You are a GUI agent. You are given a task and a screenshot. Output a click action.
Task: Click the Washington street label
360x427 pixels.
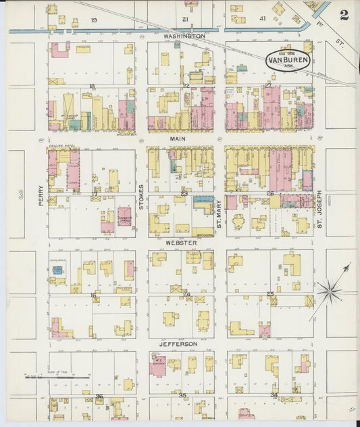[184, 35]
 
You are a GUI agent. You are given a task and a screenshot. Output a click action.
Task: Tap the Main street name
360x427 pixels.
[178, 139]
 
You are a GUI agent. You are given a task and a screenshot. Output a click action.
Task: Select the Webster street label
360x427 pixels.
[181, 243]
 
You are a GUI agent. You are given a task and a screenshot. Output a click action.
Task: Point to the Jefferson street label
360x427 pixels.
[178, 343]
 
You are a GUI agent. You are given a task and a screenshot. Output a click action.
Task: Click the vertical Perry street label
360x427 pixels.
[41, 195]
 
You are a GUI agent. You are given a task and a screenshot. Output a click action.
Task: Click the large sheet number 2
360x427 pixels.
[344, 15]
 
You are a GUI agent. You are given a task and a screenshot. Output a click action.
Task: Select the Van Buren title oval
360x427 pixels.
[288, 59]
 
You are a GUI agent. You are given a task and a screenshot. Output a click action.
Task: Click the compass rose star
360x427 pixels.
[330, 292]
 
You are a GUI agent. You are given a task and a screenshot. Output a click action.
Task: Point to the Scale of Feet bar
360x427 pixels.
[58, 376]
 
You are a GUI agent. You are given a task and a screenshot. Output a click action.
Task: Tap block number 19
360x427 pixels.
[93, 20]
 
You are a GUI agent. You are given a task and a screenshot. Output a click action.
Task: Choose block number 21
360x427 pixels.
[185, 20]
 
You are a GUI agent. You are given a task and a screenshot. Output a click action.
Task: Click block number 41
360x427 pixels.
[263, 20]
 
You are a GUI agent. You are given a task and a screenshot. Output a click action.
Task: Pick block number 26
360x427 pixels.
[269, 194]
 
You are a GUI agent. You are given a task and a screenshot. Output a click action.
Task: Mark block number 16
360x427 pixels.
[93, 295]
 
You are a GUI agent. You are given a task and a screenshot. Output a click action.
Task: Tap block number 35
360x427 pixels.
[182, 395]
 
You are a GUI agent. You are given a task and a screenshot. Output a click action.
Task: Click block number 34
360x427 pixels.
[274, 395]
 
